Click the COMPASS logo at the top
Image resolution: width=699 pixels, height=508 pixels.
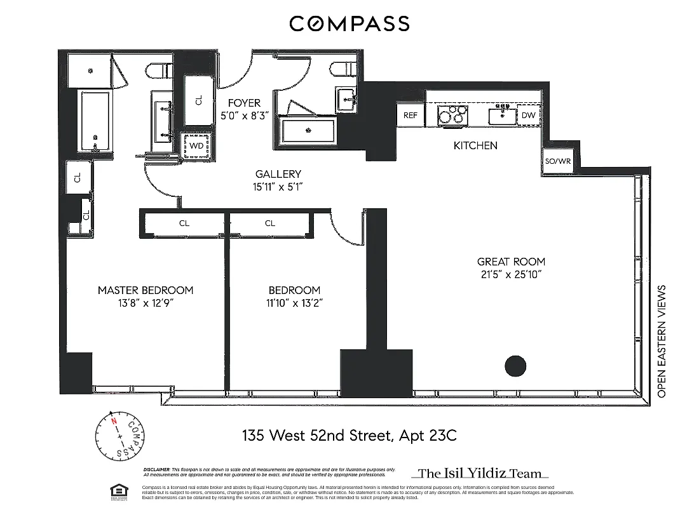pyautogui.click(x=349, y=24)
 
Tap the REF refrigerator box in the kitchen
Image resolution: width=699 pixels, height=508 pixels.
pyautogui.click(x=411, y=116)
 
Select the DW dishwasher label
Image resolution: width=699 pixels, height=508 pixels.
pyautogui.click(x=528, y=116)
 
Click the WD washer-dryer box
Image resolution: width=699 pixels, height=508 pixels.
pyautogui.click(x=197, y=145)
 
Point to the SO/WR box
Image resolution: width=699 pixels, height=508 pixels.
pyautogui.click(x=558, y=161)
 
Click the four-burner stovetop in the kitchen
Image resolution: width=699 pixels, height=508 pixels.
pyautogui.click(x=452, y=116)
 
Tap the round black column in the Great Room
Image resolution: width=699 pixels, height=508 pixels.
pyautogui.click(x=515, y=366)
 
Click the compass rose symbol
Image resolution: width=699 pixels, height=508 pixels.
pyautogui.click(x=119, y=438)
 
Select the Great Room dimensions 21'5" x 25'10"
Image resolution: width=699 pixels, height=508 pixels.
pyautogui.click(x=511, y=274)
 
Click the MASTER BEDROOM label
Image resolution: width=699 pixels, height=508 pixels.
pyautogui.click(x=146, y=290)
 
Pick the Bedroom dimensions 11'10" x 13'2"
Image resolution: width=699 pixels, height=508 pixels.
pyautogui.click(x=294, y=303)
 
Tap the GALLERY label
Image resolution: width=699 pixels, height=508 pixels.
pyautogui.click(x=278, y=174)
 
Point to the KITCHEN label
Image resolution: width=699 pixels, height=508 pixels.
pyautogui.click(x=475, y=145)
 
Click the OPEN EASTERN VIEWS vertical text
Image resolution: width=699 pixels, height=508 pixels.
pyautogui.click(x=662, y=342)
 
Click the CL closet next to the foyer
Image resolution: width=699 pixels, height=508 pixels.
pyautogui.click(x=198, y=100)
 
